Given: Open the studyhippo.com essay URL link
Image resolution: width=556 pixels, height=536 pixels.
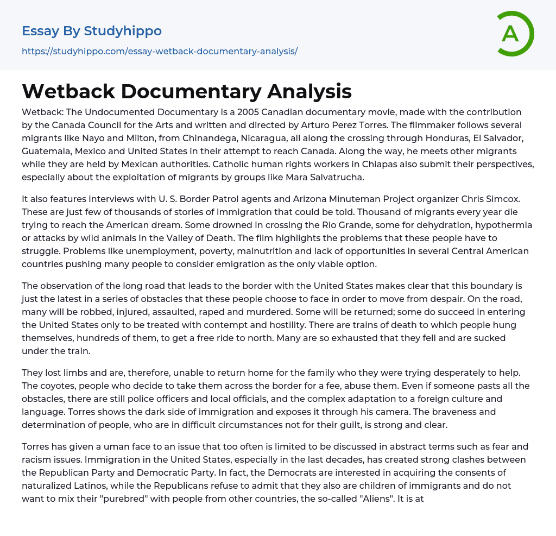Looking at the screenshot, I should (160, 51).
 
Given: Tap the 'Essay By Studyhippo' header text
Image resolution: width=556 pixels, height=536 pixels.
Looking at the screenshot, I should (92, 31).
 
